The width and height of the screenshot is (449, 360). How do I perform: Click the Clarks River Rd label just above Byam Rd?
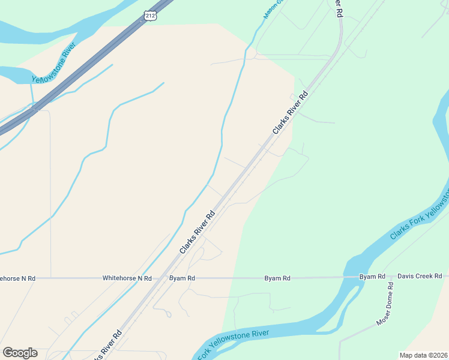(197, 234)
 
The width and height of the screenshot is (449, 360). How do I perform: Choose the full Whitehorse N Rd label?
(127, 278)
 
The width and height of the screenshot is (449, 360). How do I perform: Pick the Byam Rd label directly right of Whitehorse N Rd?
(182, 278)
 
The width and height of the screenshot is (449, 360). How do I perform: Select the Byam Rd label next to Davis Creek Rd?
(372, 277)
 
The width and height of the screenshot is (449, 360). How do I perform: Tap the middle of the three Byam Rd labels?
(277, 278)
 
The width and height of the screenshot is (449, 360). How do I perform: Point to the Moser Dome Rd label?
(384, 304)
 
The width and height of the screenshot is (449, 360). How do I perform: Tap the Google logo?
(20, 353)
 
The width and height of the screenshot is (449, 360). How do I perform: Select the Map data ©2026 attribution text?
(423, 355)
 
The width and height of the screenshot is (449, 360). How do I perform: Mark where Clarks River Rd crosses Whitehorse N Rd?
(163, 278)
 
